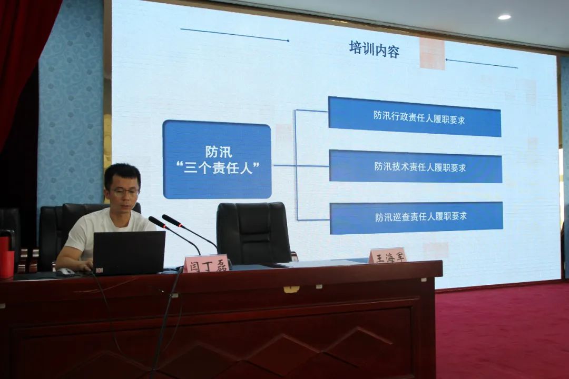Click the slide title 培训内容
coord(374,49)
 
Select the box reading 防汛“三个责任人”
coord(217,159)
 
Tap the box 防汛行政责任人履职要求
coord(415,117)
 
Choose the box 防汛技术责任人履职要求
coord(416,166)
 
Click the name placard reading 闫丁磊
coord(206,264)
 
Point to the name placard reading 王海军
coord(387,256)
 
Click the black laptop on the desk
coord(129,253)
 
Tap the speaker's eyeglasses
coord(124,192)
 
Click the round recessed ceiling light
coord(504,17)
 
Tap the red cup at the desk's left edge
coord(6,257)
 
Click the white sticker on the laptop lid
coord(99,270)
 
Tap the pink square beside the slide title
coord(432,54)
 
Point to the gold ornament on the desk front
coord(291,289)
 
